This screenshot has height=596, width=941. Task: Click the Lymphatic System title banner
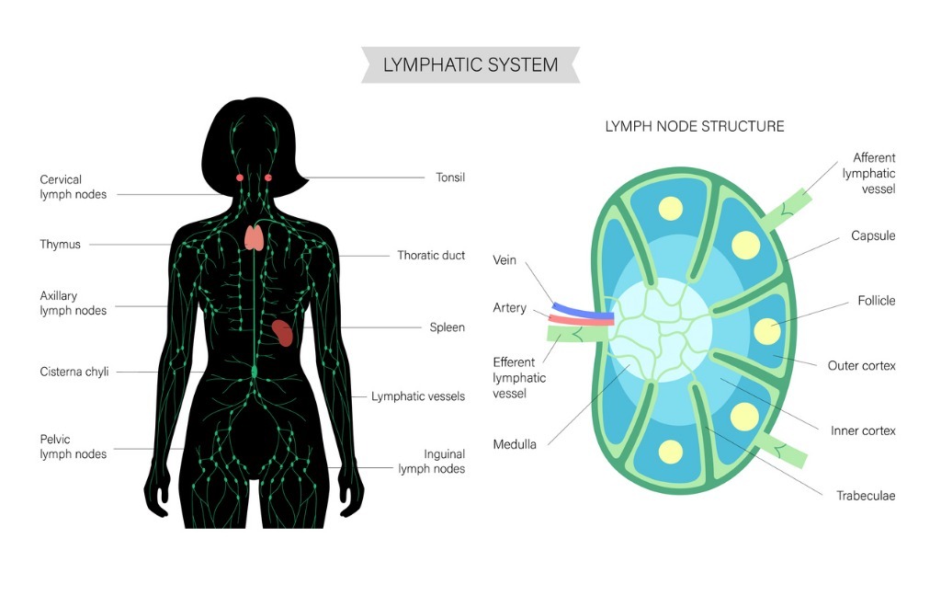pos(470,64)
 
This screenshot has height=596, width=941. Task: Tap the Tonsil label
pos(449,178)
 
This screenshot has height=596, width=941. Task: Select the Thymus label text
pos(60,245)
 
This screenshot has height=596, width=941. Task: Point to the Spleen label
pos(447,327)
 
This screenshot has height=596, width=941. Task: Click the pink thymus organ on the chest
pos(255,237)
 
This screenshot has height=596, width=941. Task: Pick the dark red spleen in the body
pos(283,331)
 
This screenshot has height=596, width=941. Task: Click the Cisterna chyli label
pos(74,372)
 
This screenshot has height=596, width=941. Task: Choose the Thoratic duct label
pos(431,256)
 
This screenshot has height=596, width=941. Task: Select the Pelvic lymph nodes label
pos(73,447)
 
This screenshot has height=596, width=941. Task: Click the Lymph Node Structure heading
pos(694,126)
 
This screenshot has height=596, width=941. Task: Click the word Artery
pos(509,308)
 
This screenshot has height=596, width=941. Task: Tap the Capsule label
pos(873,236)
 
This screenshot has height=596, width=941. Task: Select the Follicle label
pos(876,301)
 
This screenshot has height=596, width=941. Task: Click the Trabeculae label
pos(865,496)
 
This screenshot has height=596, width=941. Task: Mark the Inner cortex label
pos(863,430)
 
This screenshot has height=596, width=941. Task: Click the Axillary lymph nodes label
pos(73,304)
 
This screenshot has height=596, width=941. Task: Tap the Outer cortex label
pos(861,366)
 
